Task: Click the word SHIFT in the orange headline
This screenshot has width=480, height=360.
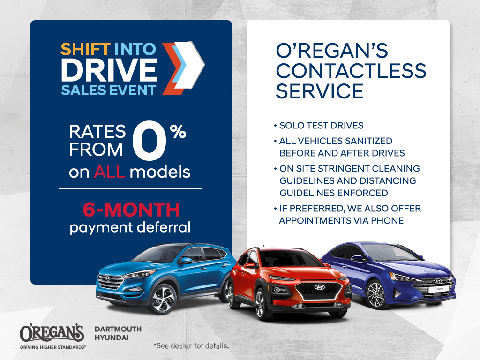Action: pyautogui.click(x=85, y=49)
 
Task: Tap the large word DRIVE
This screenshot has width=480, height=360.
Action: pyautogui.click(x=109, y=70)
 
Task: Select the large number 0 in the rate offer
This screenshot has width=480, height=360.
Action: pyautogui.click(x=150, y=140)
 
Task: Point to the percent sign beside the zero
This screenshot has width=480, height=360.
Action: pyautogui.click(x=178, y=132)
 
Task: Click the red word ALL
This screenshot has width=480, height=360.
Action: pyautogui.click(x=109, y=172)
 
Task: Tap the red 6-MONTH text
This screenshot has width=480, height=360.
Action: pyautogui.click(x=131, y=210)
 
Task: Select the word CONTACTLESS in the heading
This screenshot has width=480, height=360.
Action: pyautogui.click(x=351, y=71)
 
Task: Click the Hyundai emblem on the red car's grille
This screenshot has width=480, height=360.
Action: pyautogui.click(x=320, y=287)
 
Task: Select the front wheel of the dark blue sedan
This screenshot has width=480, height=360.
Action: pyautogui.click(x=375, y=294)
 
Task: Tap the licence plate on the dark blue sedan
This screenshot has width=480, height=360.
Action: pyautogui.click(x=439, y=289)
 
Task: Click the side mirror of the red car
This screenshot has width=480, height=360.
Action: pyautogui.click(x=249, y=265)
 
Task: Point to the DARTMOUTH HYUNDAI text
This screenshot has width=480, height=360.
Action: pyautogui.click(x=118, y=333)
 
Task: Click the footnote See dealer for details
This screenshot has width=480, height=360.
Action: pyautogui.click(x=191, y=345)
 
